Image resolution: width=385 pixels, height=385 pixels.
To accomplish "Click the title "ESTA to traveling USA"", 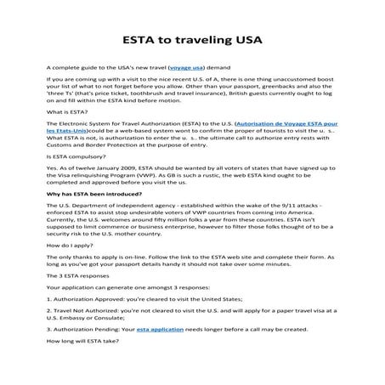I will point(192,39).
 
